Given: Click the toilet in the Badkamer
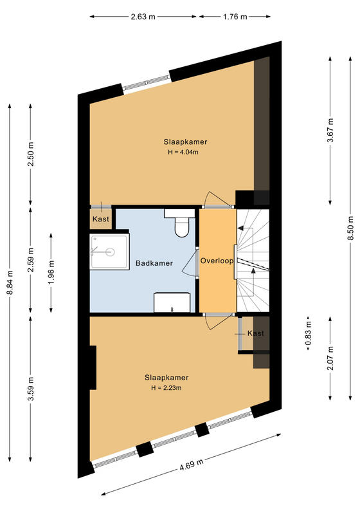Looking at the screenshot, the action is (x=179, y=223).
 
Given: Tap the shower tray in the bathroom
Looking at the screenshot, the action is (x=109, y=251).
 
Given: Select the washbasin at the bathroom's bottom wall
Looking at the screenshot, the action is (x=172, y=302).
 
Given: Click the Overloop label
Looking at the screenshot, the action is (x=217, y=261).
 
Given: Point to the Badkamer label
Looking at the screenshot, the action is (x=154, y=263).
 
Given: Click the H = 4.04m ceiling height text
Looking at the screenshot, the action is (x=183, y=152).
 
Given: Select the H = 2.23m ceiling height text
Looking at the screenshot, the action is (x=166, y=387).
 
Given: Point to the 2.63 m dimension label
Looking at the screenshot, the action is (x=143, y=17).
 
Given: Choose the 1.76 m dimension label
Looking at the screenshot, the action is (x=235, y=17).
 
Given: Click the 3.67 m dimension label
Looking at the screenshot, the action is (x=330, y=130).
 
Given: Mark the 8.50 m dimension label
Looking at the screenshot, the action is (x=350, y=228).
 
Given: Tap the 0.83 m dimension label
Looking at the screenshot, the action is (x=308, y=333).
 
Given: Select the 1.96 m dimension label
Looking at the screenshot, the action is (x=51, y=272).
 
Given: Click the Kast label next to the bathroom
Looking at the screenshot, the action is (x=101, y=219).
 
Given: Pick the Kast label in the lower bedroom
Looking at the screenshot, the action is (x=256, y=333).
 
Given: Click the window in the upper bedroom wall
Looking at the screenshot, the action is (x=147, y=82).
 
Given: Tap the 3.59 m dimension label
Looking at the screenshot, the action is (x=30, y=389).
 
